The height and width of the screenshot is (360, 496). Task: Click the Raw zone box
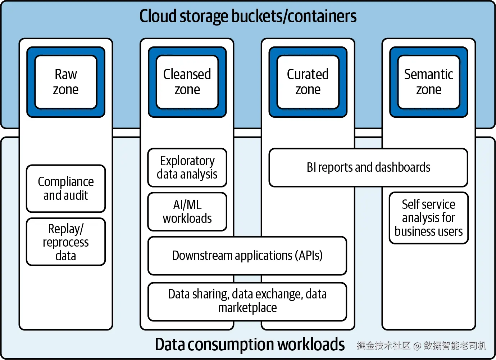tap(66, 82)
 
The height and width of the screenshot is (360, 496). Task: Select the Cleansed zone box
tap(187, 82)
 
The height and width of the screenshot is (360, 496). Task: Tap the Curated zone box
tap(308, 82)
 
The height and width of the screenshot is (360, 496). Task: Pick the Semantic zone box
tap(429, 82)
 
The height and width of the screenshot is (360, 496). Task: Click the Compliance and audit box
tap(66, 189)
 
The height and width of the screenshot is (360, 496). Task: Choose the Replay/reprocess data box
tap(66, 242)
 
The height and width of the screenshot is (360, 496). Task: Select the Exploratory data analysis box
tap(187, 168)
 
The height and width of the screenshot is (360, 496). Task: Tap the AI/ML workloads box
tap(187, 212)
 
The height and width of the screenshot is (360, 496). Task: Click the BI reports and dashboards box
tap(368, 168)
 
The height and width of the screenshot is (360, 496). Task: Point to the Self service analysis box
tap(429, 218)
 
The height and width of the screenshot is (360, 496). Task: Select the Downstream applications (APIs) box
tap(247, 256)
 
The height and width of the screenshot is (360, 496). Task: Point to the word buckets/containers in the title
tap(292, 17)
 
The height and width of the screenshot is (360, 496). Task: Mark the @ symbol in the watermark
tap(417, 346)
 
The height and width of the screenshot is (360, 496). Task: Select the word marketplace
tap(247, 308)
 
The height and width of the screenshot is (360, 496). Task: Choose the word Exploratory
tap(187, 161)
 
